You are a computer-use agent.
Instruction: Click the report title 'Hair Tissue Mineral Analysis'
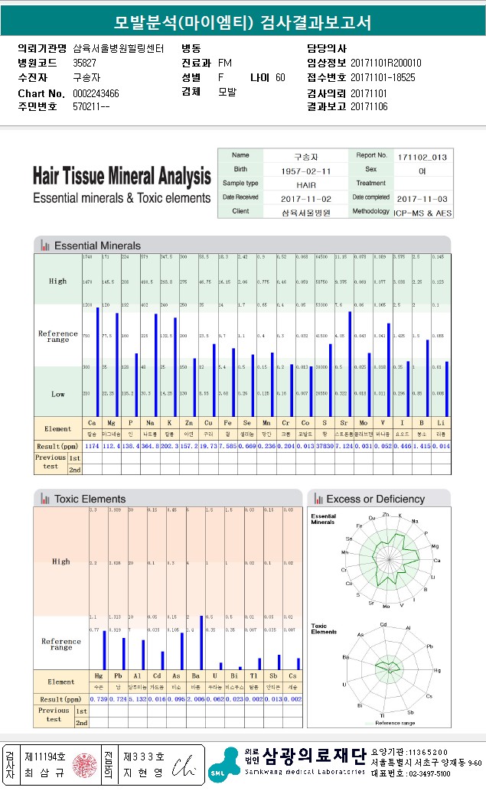pos(121,177)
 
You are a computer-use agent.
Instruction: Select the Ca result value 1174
pos(92,446)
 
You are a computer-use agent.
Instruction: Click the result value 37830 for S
pos(323,446)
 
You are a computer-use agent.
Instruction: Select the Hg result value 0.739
pos(99,699)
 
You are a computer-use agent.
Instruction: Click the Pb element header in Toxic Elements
pos(118,677)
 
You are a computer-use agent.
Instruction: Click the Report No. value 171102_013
pos(422,157)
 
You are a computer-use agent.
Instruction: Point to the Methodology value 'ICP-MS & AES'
pos(422,211)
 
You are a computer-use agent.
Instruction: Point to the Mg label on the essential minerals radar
pos(435,546)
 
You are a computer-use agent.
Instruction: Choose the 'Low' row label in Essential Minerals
pos(57,394)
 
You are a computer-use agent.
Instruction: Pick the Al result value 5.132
pos(137,699)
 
